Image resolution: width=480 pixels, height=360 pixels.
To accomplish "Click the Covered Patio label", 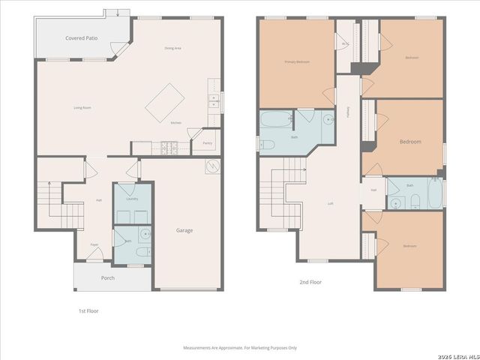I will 81,37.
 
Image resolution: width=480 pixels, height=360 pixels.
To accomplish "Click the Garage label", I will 184,230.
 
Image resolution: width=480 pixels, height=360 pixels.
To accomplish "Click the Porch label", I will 108,277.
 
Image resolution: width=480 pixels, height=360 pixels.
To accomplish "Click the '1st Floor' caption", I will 88,310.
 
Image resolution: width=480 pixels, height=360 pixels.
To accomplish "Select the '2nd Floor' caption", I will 310,283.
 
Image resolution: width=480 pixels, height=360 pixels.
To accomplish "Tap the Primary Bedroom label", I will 296,61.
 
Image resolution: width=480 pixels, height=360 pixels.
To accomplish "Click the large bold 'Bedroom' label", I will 409,141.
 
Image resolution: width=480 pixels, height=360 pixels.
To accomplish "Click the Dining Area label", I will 173,48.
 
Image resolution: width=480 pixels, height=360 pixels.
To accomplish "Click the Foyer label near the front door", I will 95,244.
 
